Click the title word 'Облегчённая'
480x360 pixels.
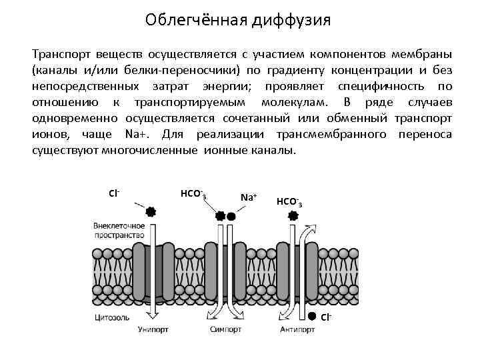point(195,21)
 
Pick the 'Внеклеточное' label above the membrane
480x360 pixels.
point(119,226)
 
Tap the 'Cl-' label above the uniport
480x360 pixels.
point(113,193)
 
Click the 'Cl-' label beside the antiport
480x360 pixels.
point(326,317)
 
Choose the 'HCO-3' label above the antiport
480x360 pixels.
point(289,201)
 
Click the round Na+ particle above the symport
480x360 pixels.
point(231,216)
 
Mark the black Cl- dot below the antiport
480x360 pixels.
point(312,316)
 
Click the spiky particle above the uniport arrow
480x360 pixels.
point(151,211)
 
